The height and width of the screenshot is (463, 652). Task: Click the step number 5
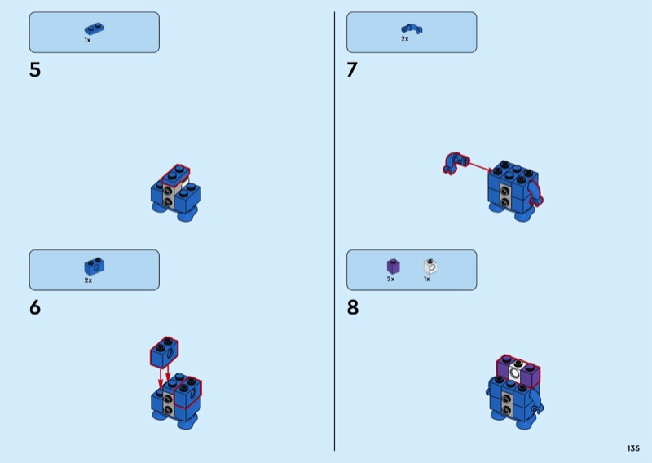[x=35, y=70]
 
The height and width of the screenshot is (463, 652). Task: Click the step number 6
[x=35, y=308]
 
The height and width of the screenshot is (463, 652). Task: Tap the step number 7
[x=352, y=70]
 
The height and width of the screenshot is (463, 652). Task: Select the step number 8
[x=353, y=308]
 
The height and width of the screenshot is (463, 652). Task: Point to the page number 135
[x=633, y=448]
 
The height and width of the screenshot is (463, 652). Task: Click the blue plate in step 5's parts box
[x=95, y=29]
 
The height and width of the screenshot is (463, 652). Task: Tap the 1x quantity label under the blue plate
[x=87, y=40]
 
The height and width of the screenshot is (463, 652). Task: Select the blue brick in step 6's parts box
[x=95, y=267]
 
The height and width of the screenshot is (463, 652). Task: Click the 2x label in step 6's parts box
[x=88, y=280]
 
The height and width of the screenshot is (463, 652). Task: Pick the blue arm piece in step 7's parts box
[x=412, y=29]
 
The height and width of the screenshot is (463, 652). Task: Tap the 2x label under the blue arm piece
[x=404, y=38]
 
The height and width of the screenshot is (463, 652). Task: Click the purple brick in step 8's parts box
[x=394, y=267]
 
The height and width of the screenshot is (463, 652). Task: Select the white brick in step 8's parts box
[x=430, y=267]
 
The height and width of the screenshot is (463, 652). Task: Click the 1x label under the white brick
[x=426, y=279]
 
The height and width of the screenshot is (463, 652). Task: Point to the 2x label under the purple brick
[x=390, y=279]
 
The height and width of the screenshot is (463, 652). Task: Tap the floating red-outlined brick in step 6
[x=165, y=352]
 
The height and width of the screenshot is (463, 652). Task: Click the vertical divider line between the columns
[x=334, y=231]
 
